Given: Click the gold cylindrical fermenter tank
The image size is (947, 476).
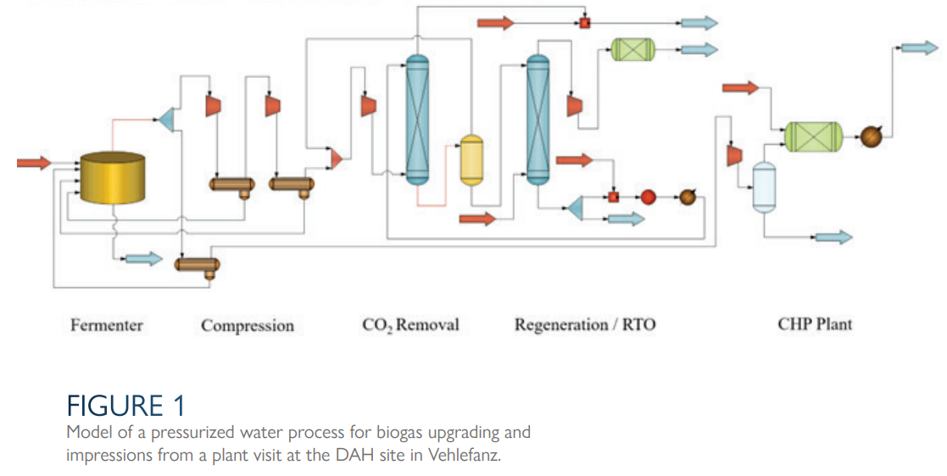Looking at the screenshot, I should (x=112, y=179).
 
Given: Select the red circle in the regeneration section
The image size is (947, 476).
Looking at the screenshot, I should (x=648, y=196).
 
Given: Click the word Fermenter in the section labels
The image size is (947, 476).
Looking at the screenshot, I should (x=107, y=325).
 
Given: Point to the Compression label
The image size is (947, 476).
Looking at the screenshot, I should (x=248, y=326).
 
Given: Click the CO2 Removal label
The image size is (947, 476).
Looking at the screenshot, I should (x=410, y=325).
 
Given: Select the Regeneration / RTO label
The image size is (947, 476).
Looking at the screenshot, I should (x=585, y=325).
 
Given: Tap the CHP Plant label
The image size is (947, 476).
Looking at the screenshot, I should (x=815, y=324).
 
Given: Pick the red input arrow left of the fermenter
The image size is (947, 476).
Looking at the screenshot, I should (x=34, y=163).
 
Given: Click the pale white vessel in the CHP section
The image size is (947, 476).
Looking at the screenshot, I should (x=765, y=186).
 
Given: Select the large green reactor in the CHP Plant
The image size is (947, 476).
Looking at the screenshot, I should (x=813, y=136).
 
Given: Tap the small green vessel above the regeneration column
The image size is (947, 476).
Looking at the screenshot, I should (x=633, y=49).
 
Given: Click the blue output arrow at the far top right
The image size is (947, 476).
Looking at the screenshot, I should (x=920, y=47).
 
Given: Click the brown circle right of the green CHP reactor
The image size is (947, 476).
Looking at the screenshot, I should (x=872, y=136).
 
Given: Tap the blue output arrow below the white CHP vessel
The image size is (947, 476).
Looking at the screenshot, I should (x=833, y=237).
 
